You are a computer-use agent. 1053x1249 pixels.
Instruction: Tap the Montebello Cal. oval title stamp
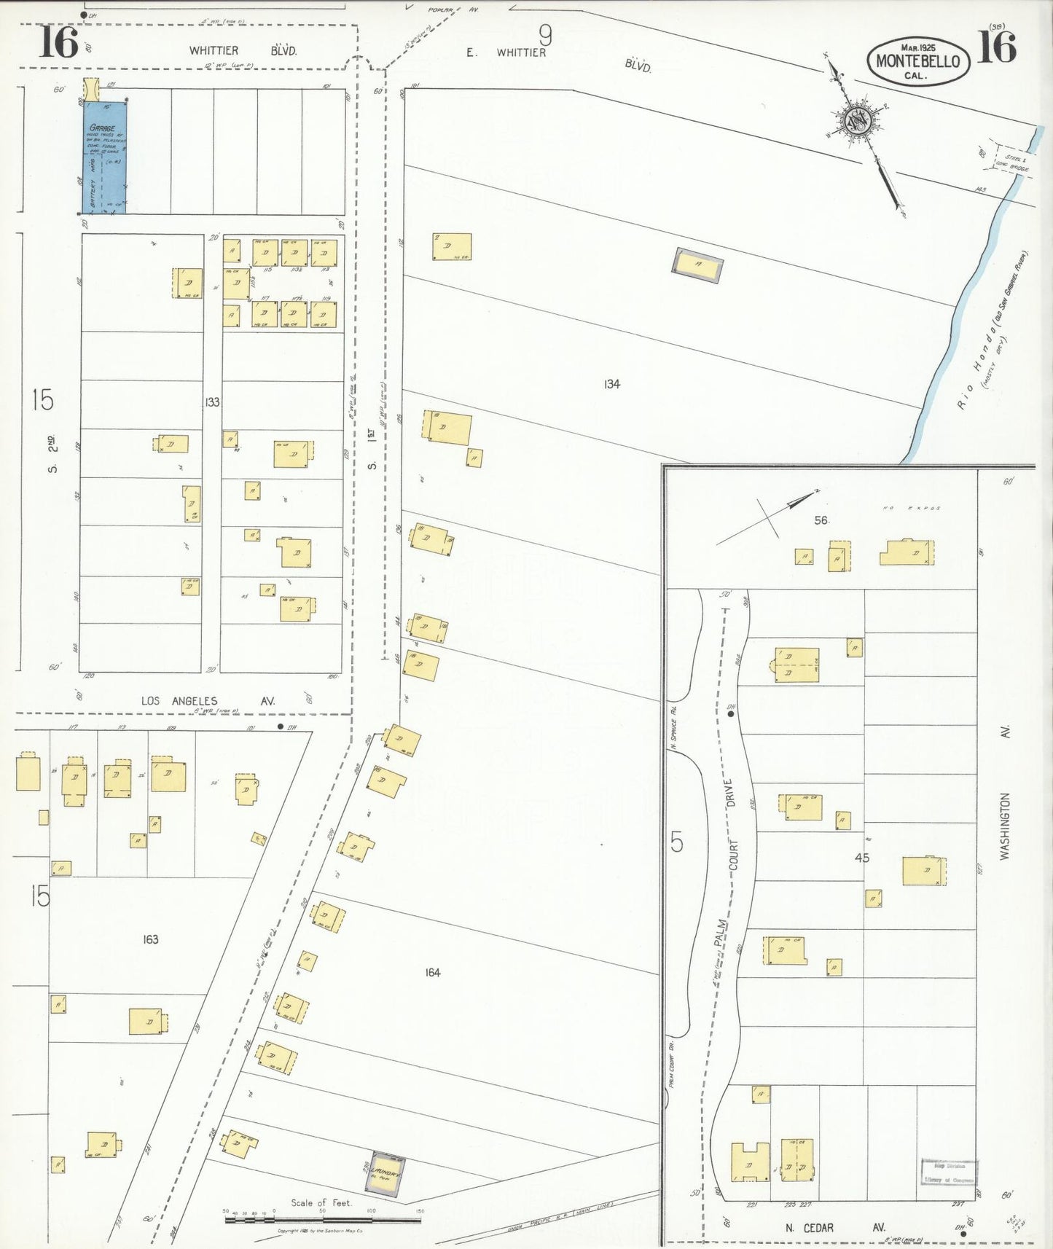coord(917,60)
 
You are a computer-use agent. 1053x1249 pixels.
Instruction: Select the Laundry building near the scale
coord(385,1174)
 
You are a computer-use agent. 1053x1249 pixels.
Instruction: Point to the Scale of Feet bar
coord(322,1218)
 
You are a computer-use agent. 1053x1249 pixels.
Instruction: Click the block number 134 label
coord(611,384)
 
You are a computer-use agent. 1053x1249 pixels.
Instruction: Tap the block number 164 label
coord(432,972)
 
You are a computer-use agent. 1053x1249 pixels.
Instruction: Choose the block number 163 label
coord(150,939)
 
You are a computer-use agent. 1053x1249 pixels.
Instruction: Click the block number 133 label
coord(212,402)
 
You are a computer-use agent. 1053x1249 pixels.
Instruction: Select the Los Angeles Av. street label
coord(208,701)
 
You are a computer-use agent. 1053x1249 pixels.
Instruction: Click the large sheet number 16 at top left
coord(58,42)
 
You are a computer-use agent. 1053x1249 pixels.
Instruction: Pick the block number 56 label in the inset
coord(821,520)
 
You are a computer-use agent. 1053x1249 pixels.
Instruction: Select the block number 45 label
coord(861,858)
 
